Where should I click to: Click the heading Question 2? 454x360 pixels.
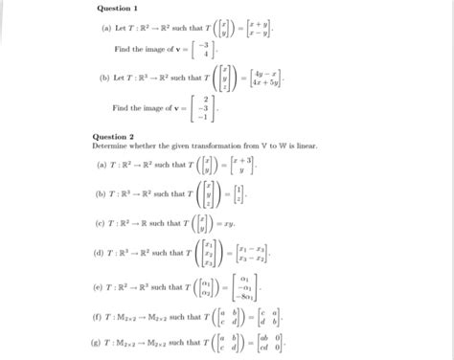point(114,136)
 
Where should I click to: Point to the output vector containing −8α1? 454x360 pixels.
point(250,287)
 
